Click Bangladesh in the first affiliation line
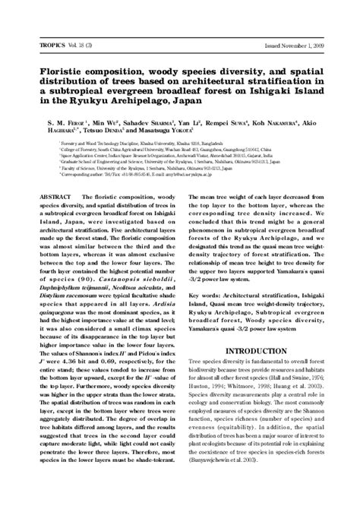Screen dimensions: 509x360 [201, 145]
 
